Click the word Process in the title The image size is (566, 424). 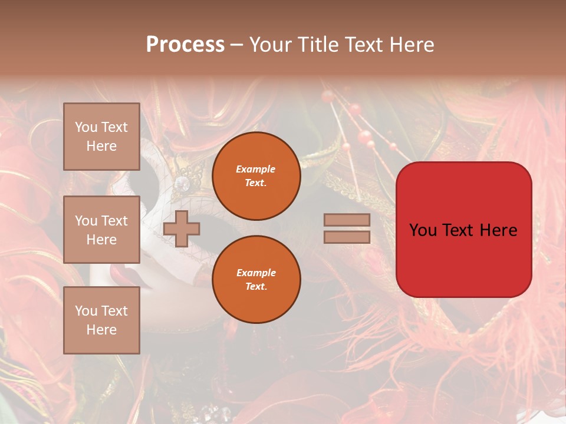(185, 44)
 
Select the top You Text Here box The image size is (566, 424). (101, 137)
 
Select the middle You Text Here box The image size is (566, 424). (101, 230)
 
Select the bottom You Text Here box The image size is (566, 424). (101, 320)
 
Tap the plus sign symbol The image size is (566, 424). (182, 228)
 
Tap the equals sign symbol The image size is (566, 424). (347, 228)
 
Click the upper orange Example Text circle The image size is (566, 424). (256, 176)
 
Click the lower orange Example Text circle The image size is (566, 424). (256, 279)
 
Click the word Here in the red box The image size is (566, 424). (498, 230)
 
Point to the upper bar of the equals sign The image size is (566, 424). (347, 220)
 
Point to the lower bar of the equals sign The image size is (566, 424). (347, 237)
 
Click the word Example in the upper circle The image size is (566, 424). (256, 169)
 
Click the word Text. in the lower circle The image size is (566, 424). (256, 286)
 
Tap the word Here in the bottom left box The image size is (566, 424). (101, 330)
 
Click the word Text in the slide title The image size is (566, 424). (361, 45)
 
